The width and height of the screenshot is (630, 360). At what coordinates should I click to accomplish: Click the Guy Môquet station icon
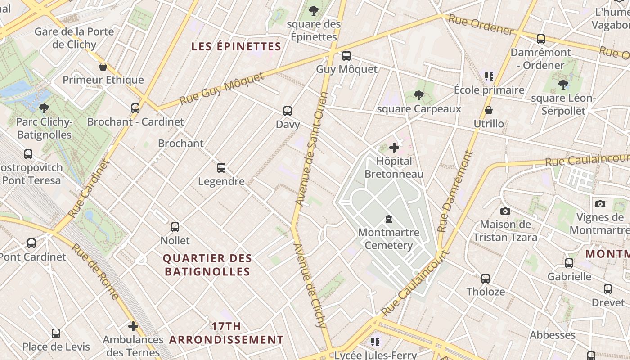[346, 56]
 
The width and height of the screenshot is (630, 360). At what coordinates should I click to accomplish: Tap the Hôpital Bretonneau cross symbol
[394, 148]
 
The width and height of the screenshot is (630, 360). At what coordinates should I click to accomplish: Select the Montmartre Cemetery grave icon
[389, 220]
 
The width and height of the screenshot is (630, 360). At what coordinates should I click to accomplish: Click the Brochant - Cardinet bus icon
[135, 108]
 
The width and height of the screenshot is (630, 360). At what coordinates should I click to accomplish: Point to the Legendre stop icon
[221, 168]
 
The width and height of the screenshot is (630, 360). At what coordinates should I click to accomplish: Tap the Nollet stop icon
[175, 227]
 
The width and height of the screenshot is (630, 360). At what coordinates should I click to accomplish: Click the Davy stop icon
[288, 111]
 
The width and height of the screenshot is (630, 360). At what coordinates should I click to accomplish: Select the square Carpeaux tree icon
[419, 95]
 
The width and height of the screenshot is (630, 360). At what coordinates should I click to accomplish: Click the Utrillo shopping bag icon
[489, 110]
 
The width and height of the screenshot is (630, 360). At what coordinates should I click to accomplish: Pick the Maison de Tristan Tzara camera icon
[505, 211]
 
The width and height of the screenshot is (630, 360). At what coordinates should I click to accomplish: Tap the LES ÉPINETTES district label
[236, 46]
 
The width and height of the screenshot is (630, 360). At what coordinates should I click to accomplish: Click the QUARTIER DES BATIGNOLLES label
[207, 265]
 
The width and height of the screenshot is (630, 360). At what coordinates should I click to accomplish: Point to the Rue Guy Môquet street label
[222, 89]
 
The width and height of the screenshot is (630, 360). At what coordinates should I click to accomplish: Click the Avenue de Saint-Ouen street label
[310, 148]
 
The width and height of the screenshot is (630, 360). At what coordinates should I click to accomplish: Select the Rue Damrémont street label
[455, 192]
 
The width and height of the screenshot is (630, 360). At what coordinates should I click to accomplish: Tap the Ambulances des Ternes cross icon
[133, 326]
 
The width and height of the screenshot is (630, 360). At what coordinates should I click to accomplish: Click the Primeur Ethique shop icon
[103, 67]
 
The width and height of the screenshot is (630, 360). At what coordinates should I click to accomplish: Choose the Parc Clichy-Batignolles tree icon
[44, 108]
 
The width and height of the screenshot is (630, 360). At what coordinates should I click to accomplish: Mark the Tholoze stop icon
[485, 279]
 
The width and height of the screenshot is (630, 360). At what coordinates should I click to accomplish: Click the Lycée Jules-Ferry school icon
[375, 342]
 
